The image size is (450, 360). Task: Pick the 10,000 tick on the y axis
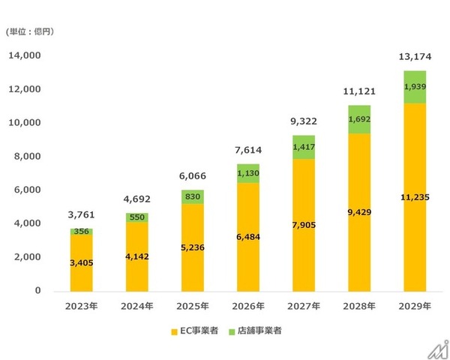26,123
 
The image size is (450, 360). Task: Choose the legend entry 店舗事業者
254,331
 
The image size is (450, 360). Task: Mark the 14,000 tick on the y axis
26,56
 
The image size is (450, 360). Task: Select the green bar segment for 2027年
301,147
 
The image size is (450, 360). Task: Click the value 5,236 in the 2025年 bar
191,247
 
